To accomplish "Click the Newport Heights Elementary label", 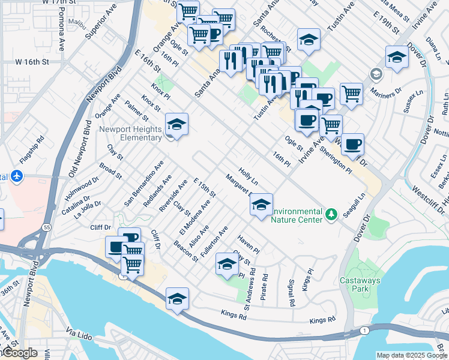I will click(x=131, y=133).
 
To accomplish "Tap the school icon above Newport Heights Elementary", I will click(x=176, y=125).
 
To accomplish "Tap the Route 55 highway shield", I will click(x=46, y=227).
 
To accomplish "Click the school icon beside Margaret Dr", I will click(x=261, y=205).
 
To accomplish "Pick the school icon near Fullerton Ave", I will click(x=226, y=264).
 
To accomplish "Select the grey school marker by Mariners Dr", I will click(x=376, y=74).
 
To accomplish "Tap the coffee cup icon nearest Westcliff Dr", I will click(x=352, y=145).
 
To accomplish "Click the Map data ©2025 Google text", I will click(x=412, y=355).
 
